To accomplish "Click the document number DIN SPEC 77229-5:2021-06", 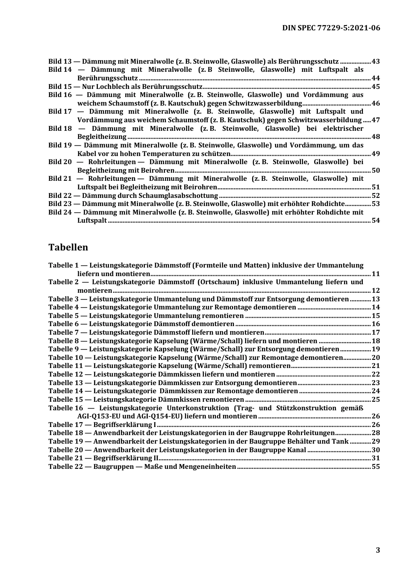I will click(331, 28).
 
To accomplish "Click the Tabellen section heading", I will click(68, 247).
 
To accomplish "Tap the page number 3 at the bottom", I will click(377, 550).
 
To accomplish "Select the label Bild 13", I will click(60, 62).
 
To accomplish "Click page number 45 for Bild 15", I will click(376, 87).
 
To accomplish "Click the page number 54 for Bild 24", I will click(376, 221).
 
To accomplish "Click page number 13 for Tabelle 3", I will click(376, 299).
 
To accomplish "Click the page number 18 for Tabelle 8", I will click(376, 341).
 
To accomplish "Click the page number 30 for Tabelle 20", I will click(376, 450).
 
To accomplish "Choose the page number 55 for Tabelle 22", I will click(376, 467).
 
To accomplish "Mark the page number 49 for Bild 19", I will click(376, 154).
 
